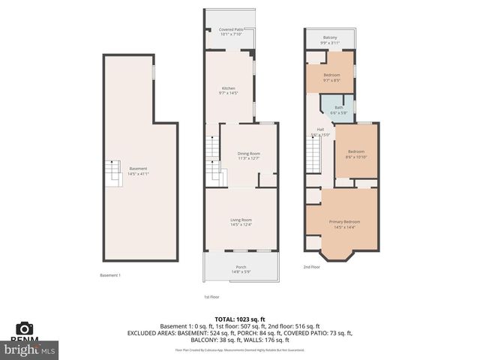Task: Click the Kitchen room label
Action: [227, 88]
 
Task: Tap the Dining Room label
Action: [248, 154]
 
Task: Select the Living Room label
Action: [241, 220]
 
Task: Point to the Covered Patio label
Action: [230, 31]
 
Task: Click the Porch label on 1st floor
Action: [241, 267]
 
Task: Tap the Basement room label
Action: [138, 169]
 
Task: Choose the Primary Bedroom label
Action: [344, 222]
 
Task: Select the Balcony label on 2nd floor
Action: [330, 38]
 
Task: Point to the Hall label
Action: [320, 130]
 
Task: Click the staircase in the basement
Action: [113, 175]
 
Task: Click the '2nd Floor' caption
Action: [311, 267]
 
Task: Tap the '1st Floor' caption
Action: [211, 297]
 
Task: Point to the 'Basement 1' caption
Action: [110, 275]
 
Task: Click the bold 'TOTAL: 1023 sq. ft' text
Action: [240, 319]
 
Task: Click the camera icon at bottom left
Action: [25, 328]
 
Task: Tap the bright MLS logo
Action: [30, 349]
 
